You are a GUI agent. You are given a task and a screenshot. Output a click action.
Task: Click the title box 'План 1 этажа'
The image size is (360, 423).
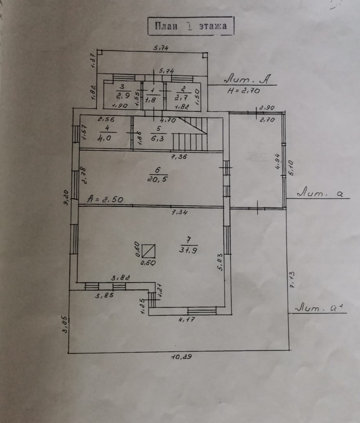[x=191, y=26]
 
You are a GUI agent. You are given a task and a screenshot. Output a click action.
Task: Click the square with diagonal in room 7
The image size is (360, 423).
[x=149, y=251]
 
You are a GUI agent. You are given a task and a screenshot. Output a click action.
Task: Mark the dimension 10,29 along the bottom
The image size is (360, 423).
[x=181, y=356]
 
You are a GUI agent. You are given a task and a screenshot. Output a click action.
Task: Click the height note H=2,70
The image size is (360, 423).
[x=244, y=90]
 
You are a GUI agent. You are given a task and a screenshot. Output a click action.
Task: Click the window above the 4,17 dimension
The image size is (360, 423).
[x=202, y=311]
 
